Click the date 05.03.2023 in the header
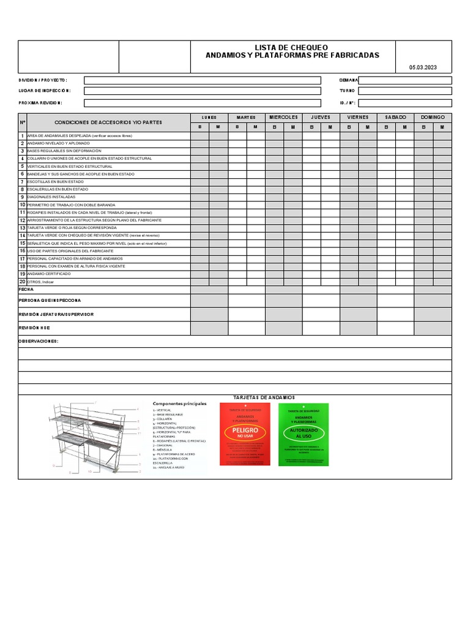(x=423, y=68)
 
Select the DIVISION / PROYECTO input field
(x=202, y=80)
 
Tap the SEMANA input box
(x=405, y=80)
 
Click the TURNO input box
(x=405, y=91)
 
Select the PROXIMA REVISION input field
(x=202, y=103)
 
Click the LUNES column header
(x=209, y=117)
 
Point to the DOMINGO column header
(x=433, y=117)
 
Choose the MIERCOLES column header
(x=283, y=117)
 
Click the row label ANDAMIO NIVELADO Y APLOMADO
(x=58, y=143)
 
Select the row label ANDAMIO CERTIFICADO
(x=49, y=274)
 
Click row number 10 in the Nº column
(x=22, y=205)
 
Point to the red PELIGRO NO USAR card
(x=245, y=434)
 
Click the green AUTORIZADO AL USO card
(x=303, y=434)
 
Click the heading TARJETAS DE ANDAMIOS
(x=264, y=398)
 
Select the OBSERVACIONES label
(x=39, y=341)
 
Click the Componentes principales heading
(x=179, y=404)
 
